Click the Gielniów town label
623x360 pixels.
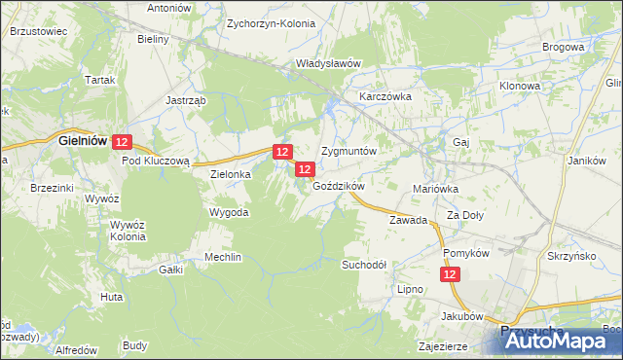tap(82, 141)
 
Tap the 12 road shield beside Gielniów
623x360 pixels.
tap(121, 142)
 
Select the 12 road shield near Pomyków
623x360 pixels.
tap(450, 276)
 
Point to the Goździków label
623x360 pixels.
tap(339, 186)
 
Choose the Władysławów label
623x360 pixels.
tap(329, 63)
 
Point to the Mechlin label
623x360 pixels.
tap(222, 257)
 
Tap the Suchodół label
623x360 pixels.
tap(364, 264)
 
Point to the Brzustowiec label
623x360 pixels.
tap(37, 31)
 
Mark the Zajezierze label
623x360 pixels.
tap(443, 345)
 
